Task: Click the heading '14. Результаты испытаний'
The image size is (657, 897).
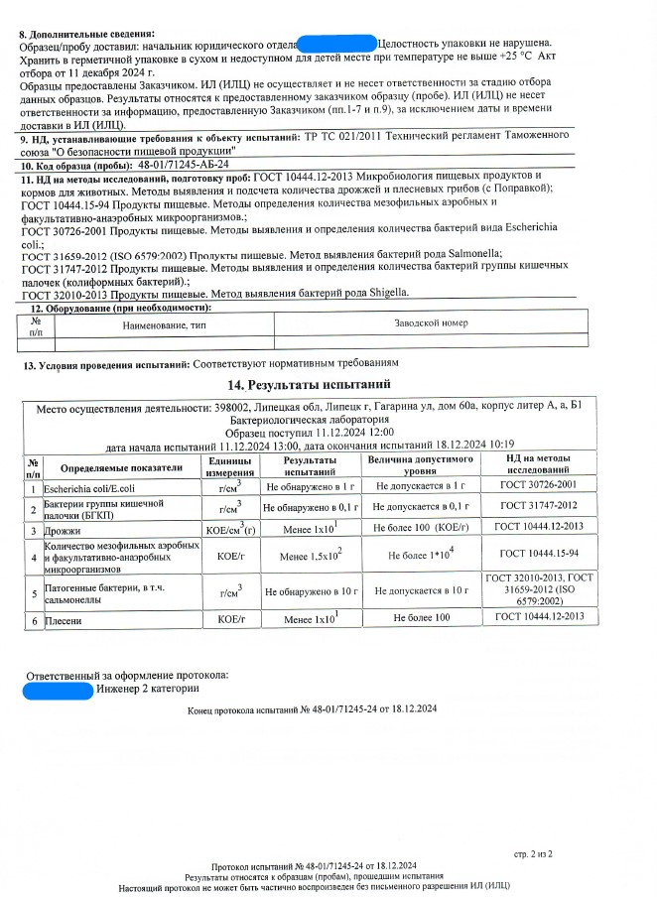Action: [x=309, y=384]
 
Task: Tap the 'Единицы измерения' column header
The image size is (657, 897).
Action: [x=229, y=467]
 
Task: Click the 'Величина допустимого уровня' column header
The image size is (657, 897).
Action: [x=420, y=467]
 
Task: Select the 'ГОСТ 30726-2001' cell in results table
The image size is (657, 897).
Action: [x=539, y=486]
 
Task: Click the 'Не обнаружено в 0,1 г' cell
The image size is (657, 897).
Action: [x=312, y=507]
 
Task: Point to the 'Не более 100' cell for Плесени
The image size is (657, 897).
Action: [x=421, y=618]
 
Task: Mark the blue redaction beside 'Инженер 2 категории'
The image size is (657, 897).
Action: [x=59, y=688]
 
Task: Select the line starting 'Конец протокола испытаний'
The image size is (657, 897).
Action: [x=312, y=710]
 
